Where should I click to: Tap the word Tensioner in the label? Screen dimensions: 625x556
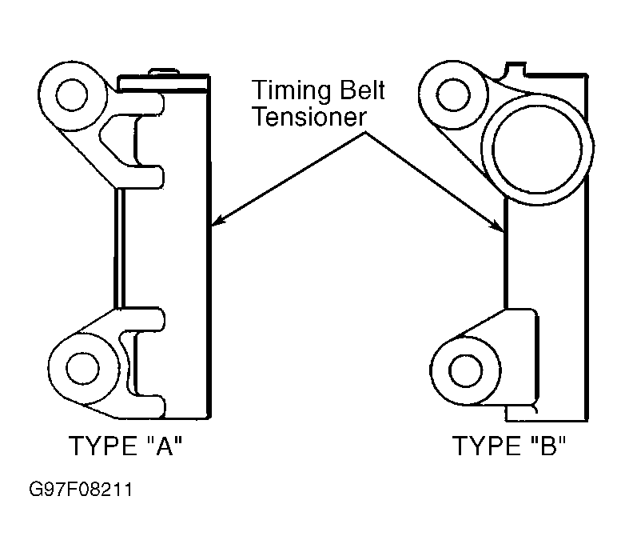[310, 117]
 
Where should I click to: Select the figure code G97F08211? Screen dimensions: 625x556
[81, 490]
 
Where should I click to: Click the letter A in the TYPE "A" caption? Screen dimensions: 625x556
[163, 446]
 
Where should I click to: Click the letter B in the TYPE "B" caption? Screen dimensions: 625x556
[548, 446]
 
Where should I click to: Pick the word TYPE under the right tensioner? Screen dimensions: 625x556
[487, 446]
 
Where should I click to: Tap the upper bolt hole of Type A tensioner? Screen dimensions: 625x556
[72, 95]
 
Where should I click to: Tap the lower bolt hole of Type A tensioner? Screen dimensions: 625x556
[82, 368]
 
